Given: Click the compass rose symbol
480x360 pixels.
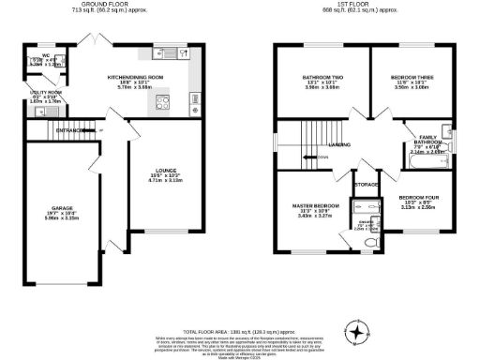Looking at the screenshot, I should (356, 331).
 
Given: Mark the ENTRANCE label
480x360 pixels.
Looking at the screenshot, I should (70, 128).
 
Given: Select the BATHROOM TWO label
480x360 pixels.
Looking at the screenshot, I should (322, 77).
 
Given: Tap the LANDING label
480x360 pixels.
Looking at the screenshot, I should (340, 144).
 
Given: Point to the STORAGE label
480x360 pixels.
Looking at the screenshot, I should (367, 185).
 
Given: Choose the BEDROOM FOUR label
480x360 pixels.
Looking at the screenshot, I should (417, 198).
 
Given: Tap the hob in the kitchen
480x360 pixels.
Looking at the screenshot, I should (163, 103).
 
